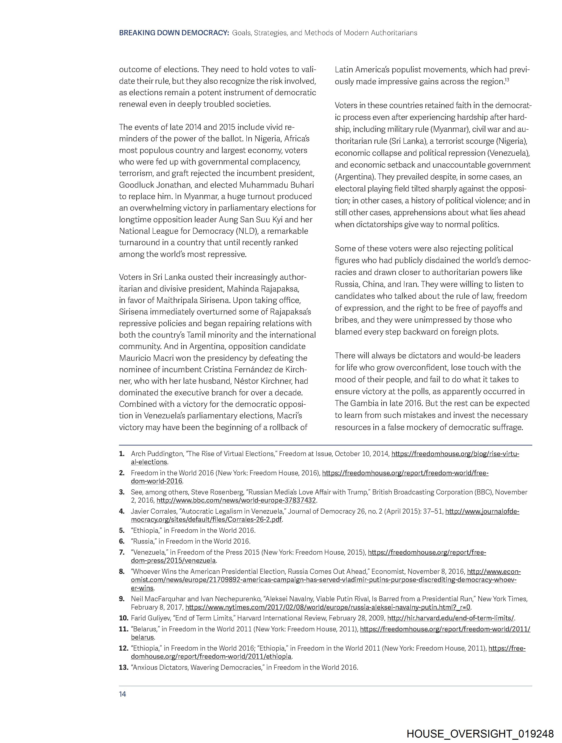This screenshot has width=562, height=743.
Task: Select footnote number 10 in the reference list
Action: click(x=124, y=618)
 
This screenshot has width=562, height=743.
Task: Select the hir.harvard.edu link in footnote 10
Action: click(x=450, y=618)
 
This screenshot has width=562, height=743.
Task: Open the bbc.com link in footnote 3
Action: click(x=236, y=500)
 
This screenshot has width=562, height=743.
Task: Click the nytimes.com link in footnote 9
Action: click(x=328, y=607)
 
